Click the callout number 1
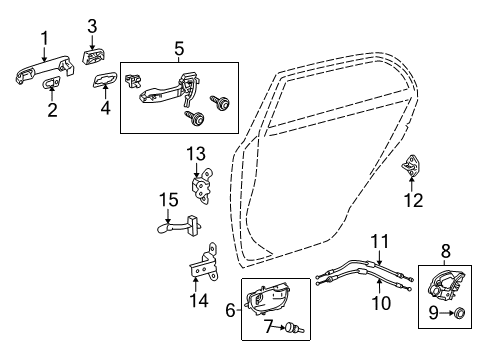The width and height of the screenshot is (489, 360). click(x=43, y=38)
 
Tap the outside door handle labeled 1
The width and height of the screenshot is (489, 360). click(x=46, y=71)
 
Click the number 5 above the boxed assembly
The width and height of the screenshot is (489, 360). click(x=179, y=47)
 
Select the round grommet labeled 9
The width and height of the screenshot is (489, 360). click(x=459, y=314)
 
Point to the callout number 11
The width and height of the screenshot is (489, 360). click(x=378, y=240)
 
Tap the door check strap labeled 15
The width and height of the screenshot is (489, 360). click(x=178, y=226)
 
